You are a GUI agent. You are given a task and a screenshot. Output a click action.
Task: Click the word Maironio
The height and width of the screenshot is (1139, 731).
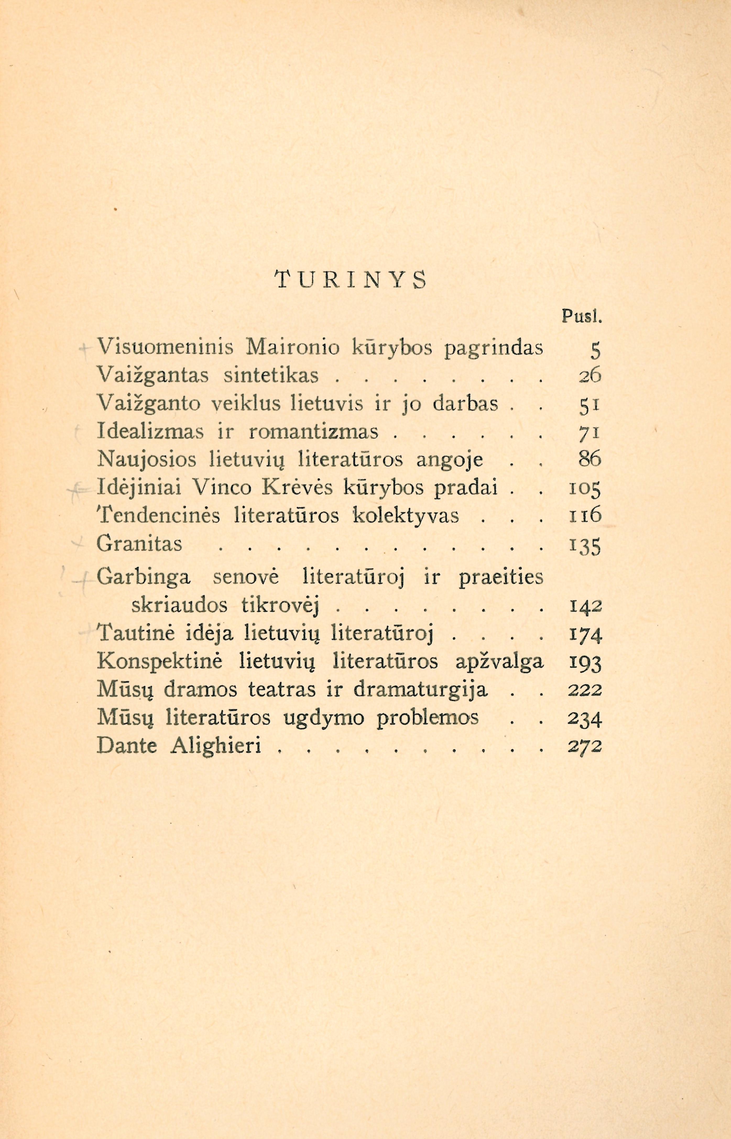(293, 348)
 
